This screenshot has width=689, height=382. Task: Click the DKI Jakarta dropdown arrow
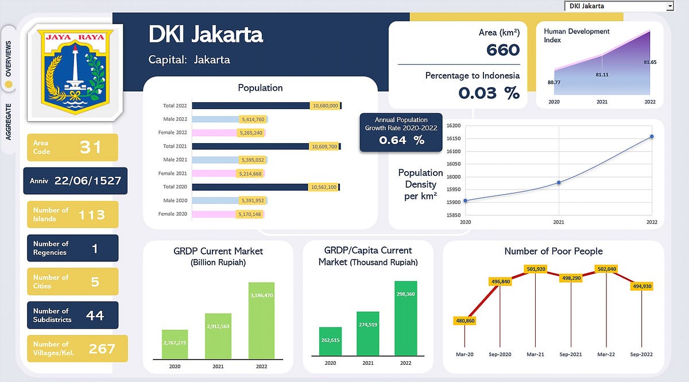[x=669, y=6]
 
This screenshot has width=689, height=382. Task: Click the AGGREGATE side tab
[x=9, y=121]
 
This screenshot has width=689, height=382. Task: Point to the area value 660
[x=503, y=50]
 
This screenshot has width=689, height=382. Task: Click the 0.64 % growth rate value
[x=401, y=140]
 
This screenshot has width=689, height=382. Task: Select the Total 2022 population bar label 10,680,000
[x=325, y=106]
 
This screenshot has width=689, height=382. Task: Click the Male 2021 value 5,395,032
[x=251, y=160]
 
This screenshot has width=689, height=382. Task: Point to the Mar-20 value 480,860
[x=465, y=321]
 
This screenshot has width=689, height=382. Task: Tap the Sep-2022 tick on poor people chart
[x=641, y=354]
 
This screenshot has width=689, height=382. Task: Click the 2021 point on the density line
[x=559, y=183]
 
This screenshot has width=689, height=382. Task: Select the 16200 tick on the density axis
[x=454, y=125]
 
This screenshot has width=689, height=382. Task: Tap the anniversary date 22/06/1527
[x=88, y=181]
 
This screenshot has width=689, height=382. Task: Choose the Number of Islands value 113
[x=92, y=215]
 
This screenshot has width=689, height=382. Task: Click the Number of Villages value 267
[x=102, y=349]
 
